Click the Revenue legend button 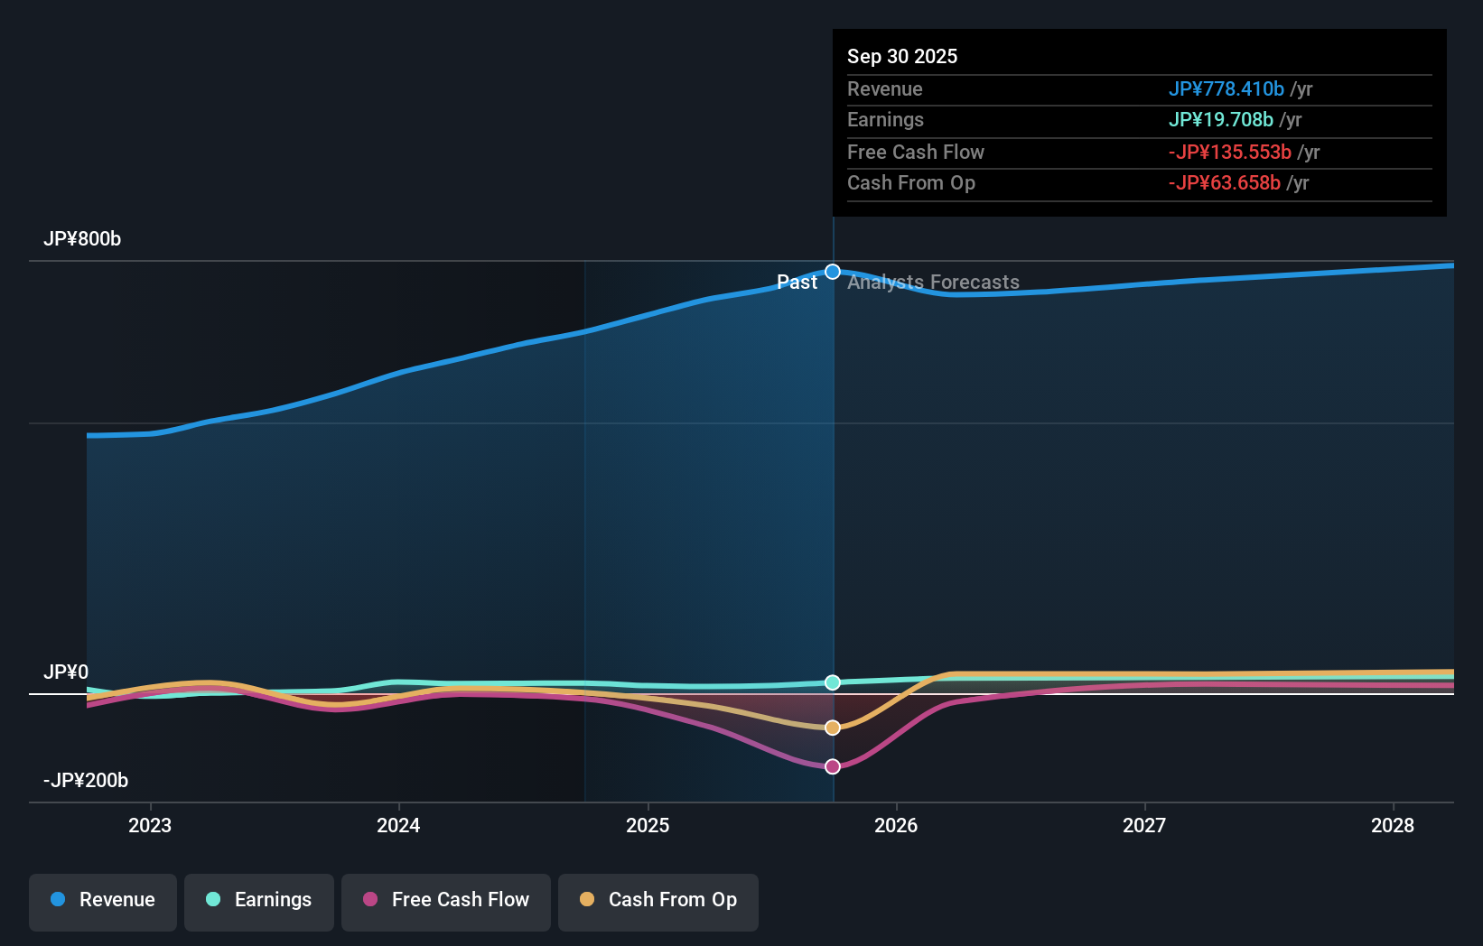tap(103, 900)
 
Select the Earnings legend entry tap(259, 900)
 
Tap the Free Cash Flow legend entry tap(446, 900)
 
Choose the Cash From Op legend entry tap(658, 900)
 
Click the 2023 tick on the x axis tap(150, 825)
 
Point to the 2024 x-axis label tap(398, 825)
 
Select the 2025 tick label tap(648, 825)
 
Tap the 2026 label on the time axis tap(896, 825)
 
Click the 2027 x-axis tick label tap(1144, 825)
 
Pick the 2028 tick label tap(1393, 825)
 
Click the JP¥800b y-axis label tap(82, 239)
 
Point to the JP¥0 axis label tap(66, 672)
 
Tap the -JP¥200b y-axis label tap(86, 781)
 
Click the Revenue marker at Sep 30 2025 tap(833, 272)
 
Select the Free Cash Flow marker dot tap(833, 766)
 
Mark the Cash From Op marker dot tap(833, 728)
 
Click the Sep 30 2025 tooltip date tap(902, 57)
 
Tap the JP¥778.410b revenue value tap(1226, 89)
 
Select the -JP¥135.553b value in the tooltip tap(1229, 153)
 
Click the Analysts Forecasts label tap(933, 283)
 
